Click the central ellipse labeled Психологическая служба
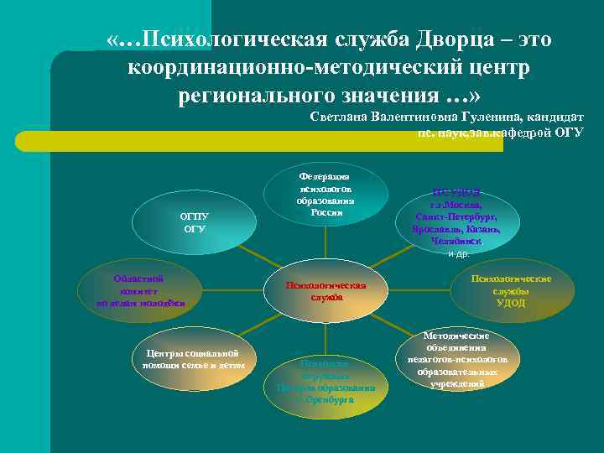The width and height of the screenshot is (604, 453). tap(326, 292)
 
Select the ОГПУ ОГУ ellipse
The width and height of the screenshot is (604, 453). tap(195, 222)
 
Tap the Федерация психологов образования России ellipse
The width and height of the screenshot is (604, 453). tap(326, 195)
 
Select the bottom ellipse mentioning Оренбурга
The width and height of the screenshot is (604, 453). tap(326, 383)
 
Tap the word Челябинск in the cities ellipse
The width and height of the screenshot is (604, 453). tap(456, 241)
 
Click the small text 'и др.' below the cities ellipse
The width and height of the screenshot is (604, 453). tap(458, 253)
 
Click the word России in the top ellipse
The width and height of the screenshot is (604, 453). tap(326, 212)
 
